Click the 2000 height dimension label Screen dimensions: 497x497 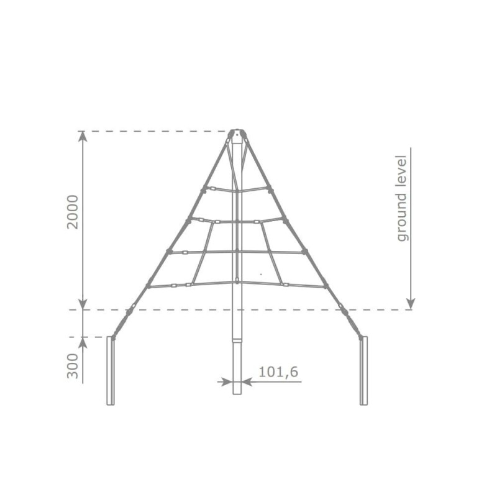73,212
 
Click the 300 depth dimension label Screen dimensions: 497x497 73,366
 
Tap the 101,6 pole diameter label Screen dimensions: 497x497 278,372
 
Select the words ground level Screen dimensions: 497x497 403,198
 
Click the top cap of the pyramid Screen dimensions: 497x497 237,133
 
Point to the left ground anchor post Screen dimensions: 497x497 111,370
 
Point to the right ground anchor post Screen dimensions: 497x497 363,370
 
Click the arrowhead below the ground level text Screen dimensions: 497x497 410,304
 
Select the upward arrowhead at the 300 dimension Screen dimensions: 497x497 83,342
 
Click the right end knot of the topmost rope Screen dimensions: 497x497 270,188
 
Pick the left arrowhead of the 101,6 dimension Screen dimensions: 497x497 228,381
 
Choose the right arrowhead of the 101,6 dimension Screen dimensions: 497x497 245,381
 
